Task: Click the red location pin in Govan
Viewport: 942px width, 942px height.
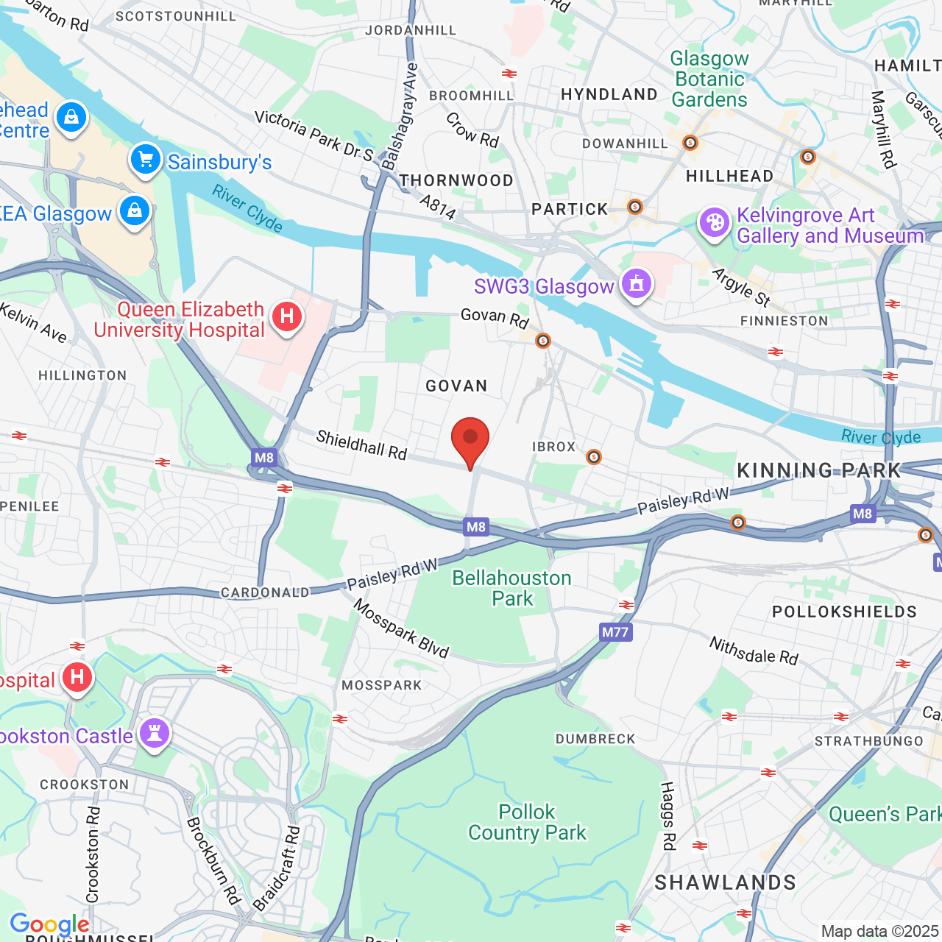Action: pyautogui.click(x=470, y=440)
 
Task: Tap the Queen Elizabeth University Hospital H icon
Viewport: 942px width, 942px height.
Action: pyautogui.click(x=287, y=317)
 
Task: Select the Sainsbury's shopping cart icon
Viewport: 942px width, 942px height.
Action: pyautogui.click(x=146, y=159)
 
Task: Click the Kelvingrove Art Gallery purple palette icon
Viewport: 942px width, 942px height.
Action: pyautogui.click(x=714, y=222)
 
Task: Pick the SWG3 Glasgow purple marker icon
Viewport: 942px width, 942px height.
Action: pyautogui.click(x=636, y=283)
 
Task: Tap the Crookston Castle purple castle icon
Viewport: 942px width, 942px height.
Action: pyautogui.click(x=155, y=733)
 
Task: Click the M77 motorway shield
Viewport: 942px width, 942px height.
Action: pyautogui.click(x=615, y=632)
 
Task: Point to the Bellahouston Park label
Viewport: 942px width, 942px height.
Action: pyautogui.click(x=511, y=588)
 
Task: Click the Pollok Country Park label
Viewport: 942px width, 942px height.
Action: pyautogui.click(x=527, y=822)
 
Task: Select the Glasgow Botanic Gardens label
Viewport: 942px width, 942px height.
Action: pyautogui.click(x=709, y=79)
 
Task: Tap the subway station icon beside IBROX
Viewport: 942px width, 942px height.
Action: pyautogui.click(x=594, y=458)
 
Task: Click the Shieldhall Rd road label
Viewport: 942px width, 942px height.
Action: pyautogui.click(x=361, y=445)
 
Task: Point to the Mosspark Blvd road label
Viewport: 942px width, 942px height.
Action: pyautogui.click(x=401, y=628)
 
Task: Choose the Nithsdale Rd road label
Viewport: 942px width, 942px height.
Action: pyautogui.click(x=754, y=651)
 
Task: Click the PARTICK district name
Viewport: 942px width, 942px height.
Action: pyautogui.click(x=570, y=210)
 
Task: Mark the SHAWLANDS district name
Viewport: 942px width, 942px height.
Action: pyautogui.click(x=725, y=883)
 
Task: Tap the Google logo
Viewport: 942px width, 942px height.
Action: pyautogui.click(x=49, y=924)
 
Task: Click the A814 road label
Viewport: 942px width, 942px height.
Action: pyautogui.click(x=439, y=207)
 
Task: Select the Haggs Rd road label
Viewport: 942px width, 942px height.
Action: pyautogui.click(x=667, y=816)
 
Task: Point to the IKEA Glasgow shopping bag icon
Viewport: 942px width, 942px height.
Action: pyautogui.click(x=135, y=211)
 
